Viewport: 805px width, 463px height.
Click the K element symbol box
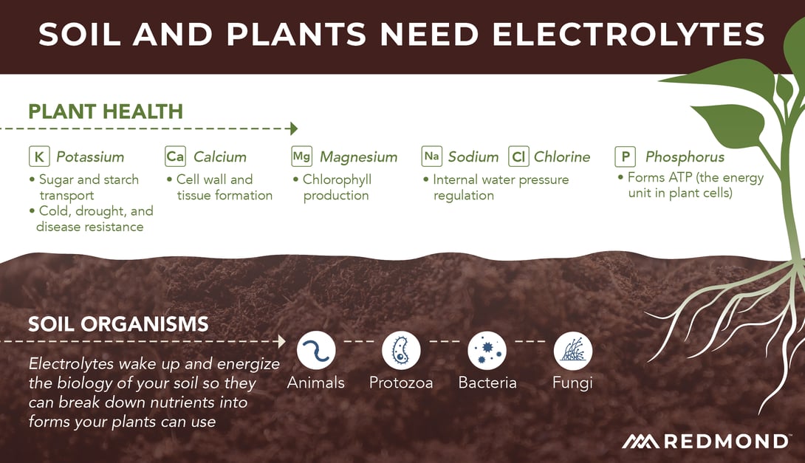[x=40, y=157]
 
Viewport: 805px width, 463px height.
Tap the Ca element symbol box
[x=175, y=157]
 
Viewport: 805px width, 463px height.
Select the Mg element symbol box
[x=301, y=157]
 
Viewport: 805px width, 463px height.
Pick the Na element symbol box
[x=432, y=157]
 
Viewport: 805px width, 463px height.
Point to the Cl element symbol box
[x=518, y=157]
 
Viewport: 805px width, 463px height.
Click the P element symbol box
[x=626, y=157]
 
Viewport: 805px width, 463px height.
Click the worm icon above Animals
[x=316, y=350]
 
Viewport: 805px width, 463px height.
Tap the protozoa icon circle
[x=402, y=350]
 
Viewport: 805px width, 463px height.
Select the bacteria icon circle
[x=487, y=350]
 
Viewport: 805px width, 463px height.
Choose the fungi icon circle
[x=573, y=350]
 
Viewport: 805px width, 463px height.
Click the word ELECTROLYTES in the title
[x=628, y=35]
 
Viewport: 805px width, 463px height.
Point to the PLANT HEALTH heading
[x=106, y=112]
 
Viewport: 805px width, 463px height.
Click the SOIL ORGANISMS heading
[x=119, y=324]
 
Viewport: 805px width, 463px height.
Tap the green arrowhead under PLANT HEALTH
[x=294, y=128]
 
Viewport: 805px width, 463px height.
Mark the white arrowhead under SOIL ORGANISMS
[x=282, y=341]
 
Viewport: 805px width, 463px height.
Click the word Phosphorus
[x=685, y=157]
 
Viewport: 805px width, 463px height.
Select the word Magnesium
[x=359, y=157]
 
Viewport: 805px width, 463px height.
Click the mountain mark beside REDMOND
[x=641, y=442]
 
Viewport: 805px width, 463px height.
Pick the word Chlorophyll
[x=338, y=179]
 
